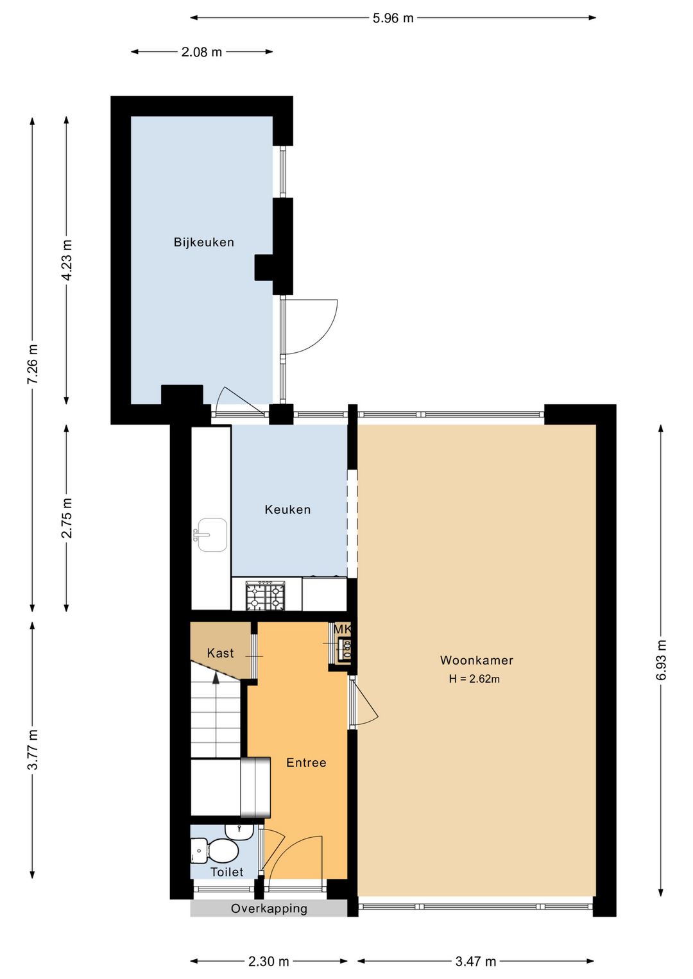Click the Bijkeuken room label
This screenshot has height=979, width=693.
204,242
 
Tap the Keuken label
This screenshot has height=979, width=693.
287,509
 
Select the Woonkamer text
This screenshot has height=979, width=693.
477,660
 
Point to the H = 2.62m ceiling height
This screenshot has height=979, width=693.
474,679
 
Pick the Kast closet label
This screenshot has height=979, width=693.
220,653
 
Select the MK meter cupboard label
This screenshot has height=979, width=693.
342,629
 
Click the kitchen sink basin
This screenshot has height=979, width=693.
212,534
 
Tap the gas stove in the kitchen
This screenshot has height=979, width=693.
265,595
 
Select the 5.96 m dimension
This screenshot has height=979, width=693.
393,19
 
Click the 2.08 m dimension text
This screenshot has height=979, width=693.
201,52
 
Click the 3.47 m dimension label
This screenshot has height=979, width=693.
475,961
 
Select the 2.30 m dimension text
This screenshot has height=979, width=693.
268,961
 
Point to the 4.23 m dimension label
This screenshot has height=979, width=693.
67,260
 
